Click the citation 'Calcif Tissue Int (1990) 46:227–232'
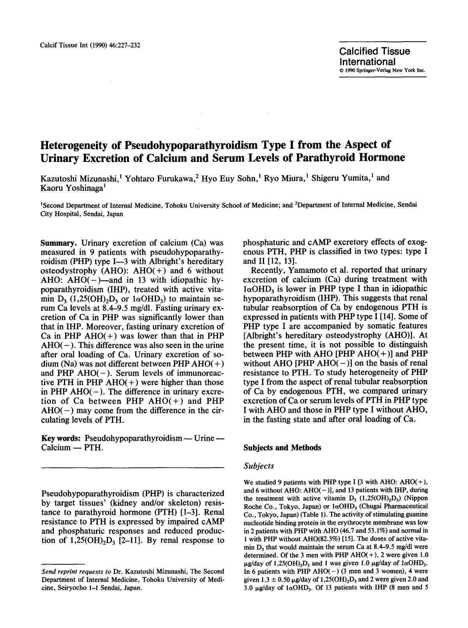90,45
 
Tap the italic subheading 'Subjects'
258,466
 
